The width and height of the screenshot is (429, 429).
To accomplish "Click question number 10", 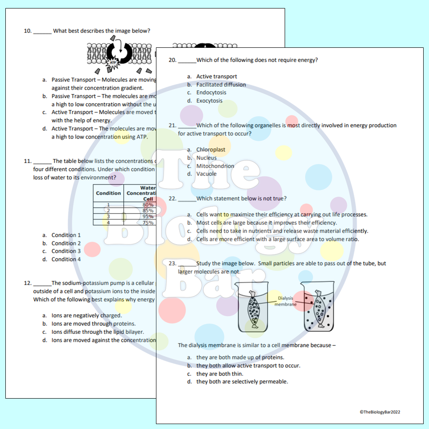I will [27, 31].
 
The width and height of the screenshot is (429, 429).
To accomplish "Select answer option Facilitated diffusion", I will [221, 84].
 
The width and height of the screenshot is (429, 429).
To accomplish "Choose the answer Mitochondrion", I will [215, 166].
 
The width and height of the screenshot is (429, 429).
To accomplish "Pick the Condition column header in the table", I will [108, 193].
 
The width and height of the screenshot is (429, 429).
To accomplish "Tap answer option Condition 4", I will [66, 259].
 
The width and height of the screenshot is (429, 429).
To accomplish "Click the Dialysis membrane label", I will [286, 301].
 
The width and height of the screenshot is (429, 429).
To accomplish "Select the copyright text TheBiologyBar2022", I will [380, 412].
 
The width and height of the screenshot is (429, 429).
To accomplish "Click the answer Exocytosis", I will [209, 101].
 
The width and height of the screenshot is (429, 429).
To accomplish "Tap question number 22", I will [172, 198].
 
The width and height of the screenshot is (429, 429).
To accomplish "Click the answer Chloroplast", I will [210, 150].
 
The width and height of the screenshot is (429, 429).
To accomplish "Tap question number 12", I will [27, 283].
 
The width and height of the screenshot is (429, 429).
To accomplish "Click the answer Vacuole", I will [206, 174].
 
